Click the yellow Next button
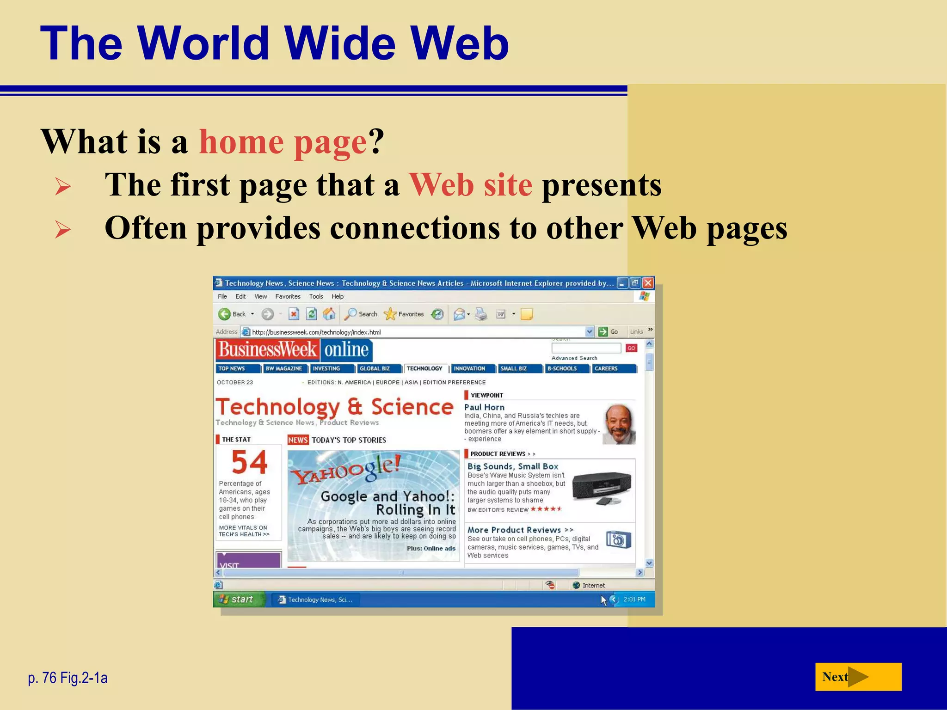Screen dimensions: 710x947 [x=858, y=677]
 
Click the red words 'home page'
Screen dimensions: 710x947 [x=283, y=142]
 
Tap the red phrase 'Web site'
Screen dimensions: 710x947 [x=470, y=185]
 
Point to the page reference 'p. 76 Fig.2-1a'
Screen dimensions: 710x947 [x=68, y=678]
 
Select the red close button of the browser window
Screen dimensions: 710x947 [x=648, y=283]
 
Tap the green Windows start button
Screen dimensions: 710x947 [x=237, y=600]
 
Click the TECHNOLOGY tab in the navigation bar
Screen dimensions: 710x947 [x=424, y=368]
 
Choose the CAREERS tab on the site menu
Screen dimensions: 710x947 [x=606, y=368]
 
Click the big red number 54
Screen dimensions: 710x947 [x=249, y=462]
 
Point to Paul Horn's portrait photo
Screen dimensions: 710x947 [x=619, y=424]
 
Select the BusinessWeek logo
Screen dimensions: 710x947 [x=267, y=349]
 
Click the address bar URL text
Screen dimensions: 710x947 [x=316, y=332]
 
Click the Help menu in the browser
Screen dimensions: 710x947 [x=338, y=297]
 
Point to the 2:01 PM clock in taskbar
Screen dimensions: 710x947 [x=634, y=600]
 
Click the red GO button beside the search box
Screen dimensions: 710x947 [x=631, y=348]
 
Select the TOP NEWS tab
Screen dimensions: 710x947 [x=232, y=368]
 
